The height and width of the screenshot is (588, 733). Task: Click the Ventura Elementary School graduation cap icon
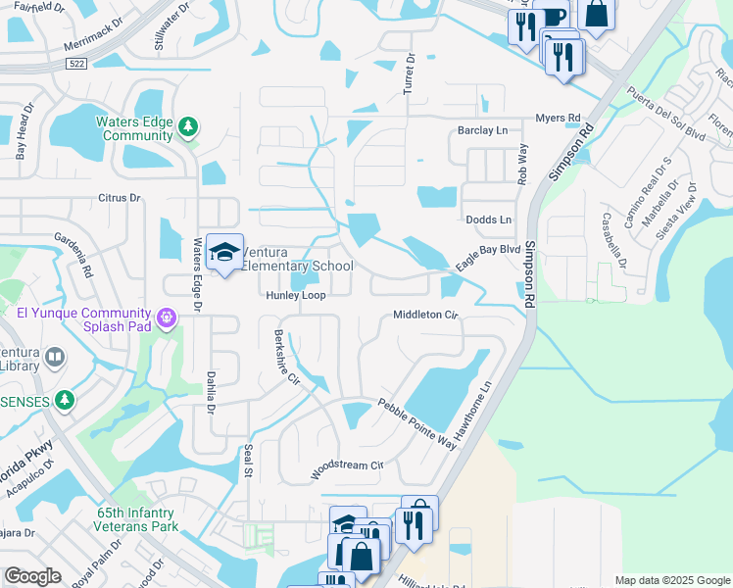(224, 252)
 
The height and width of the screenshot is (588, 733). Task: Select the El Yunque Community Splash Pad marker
(166, 318)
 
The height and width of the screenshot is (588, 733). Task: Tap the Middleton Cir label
(425, 315)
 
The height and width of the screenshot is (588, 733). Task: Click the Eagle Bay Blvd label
(487, 259)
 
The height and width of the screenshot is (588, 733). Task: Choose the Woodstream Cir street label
(345, 467)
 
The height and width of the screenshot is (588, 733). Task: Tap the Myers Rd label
(557, 118)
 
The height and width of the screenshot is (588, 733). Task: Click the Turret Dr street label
(410, 74)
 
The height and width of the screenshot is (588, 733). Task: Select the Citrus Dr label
(120, 198)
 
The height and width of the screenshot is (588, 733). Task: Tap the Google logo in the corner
(32, 576)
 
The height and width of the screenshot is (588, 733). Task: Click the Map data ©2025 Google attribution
(671, 580)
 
